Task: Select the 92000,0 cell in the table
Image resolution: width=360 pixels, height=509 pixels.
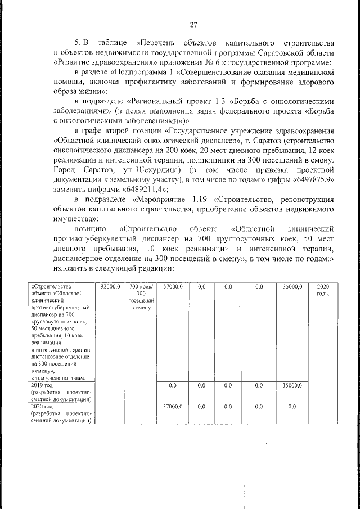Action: point(110,287)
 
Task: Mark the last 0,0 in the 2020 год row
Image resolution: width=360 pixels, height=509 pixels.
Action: point(292,406)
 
